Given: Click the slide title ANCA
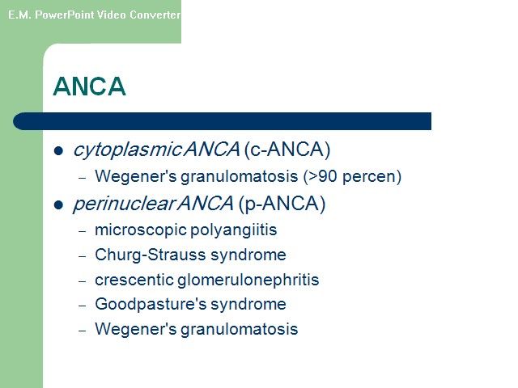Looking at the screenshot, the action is [89, 86].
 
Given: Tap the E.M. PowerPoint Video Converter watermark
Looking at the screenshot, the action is [94, 15].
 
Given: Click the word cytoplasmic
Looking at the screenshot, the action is [127, 150].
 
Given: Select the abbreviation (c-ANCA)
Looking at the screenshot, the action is [287, 150].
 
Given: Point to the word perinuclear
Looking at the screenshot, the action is [124, 203].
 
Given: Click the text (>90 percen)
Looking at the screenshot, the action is [352, 176].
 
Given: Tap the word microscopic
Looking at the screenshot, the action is [141, 230].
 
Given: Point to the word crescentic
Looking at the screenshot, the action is [134, 280].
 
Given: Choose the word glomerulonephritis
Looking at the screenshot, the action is [248, 280].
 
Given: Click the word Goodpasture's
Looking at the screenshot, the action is [151, 304].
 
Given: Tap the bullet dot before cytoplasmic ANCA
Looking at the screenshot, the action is [58, 151].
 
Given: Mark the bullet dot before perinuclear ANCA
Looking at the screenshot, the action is [58, 205].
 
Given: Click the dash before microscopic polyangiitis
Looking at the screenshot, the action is [83, 231].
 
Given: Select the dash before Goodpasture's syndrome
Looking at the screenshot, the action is [83, 306].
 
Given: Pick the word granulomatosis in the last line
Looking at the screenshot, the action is [240, 329].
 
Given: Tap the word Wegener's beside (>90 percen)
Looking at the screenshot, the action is [136, 176].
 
